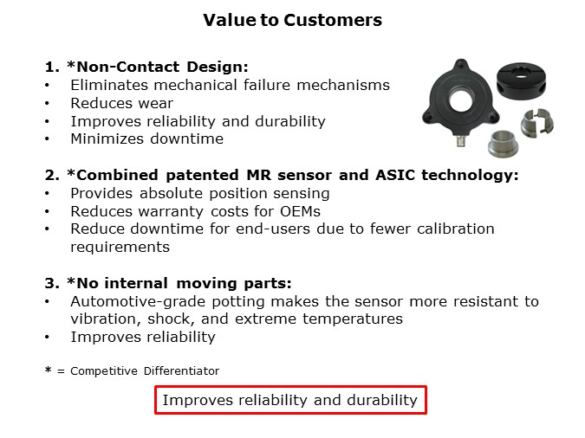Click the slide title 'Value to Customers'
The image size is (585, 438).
point(292,20)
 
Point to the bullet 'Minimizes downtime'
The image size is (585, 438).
point(146,139)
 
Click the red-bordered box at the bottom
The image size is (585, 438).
point(290,400)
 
